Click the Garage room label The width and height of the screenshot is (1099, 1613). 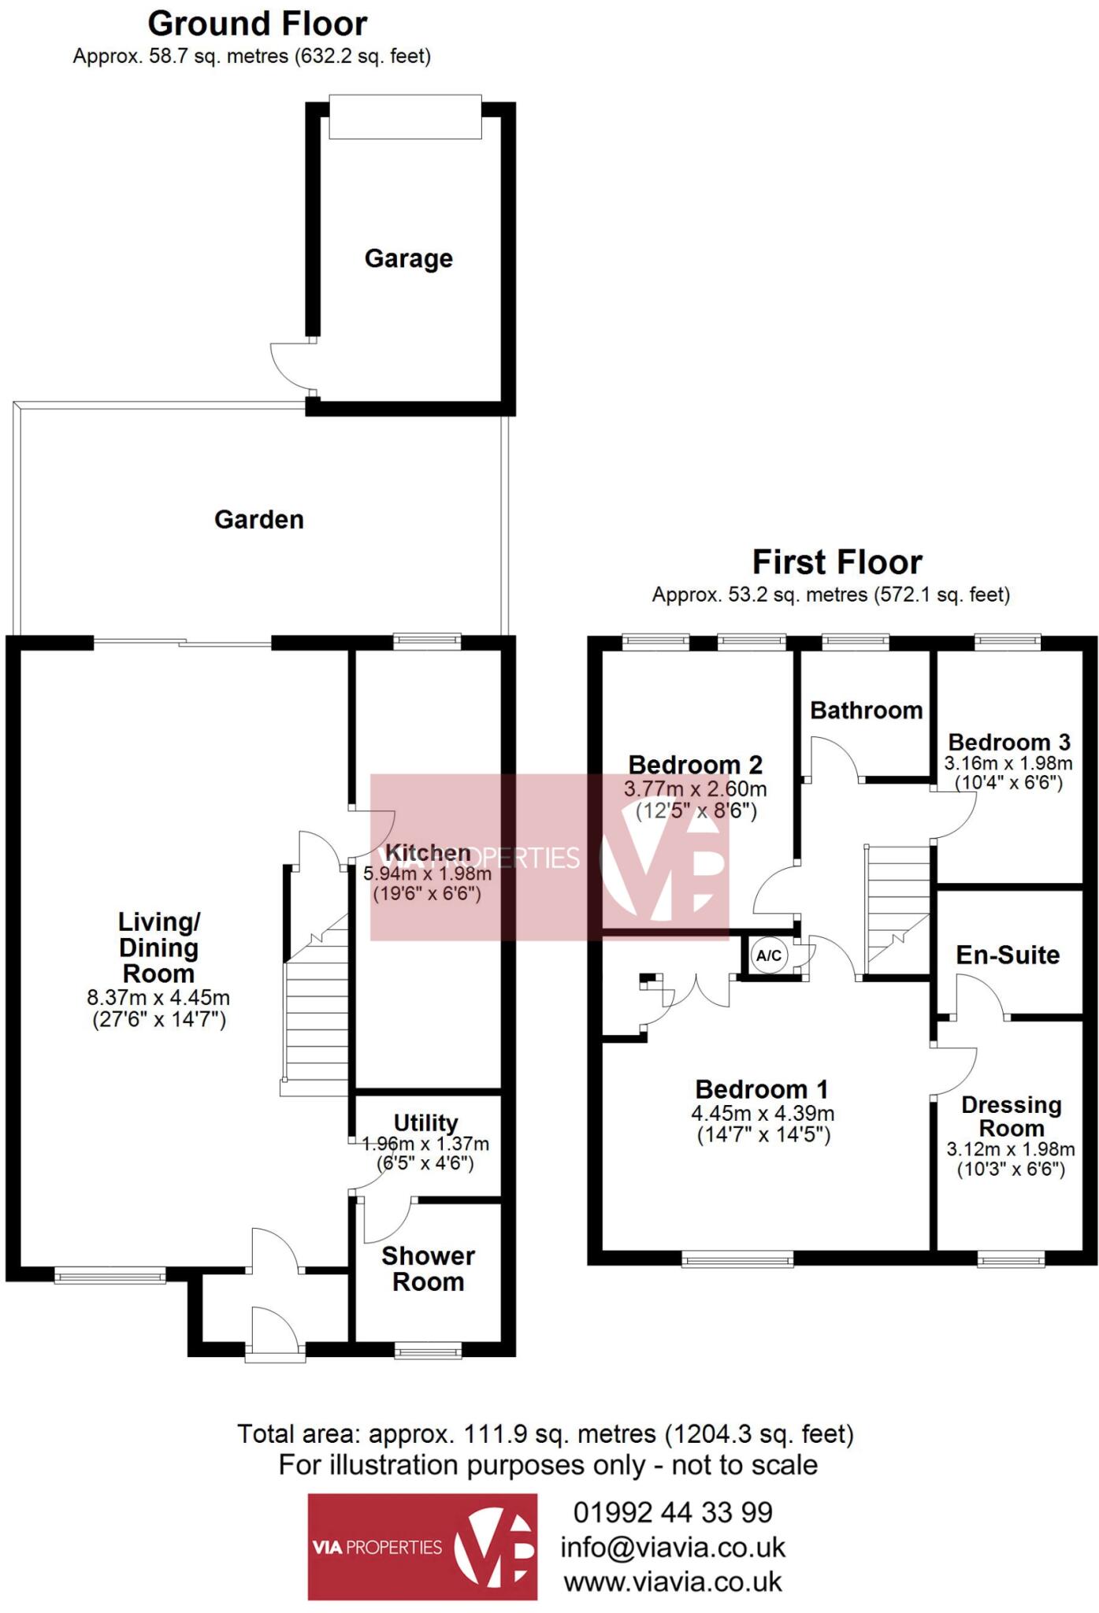pyautogui.click(x=408, y=258)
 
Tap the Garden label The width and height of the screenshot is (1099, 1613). pyautogui.click(x=259, y=520)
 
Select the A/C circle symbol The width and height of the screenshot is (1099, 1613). pyautogui.click(x=769, y=956)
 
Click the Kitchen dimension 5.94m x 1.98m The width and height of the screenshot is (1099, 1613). pyautogui.click(x=427, y=873)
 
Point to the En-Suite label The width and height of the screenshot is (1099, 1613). pyautogui.click(x=1008, y=955)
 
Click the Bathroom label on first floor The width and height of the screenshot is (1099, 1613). pyautogui.click(x=866, y=710)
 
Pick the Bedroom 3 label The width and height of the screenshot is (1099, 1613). pyautogui.click(x=1009, y=742)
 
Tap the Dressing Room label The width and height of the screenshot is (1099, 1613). pyautogui.click(x=1012, y=1117)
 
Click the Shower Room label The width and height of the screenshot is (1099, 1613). pyautogui.click(x=428, y=1268)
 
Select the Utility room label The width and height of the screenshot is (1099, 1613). pyautogui.click(x=425, y=1122)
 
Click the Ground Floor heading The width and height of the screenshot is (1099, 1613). pyautogui.click(x=257, y=24)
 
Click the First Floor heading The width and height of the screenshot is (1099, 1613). pyautogui.click(x=837, y=562)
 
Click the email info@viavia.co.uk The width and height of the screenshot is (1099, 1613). pyautogui.click(x=673, y=1548)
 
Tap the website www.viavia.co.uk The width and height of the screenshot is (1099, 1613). pyautogui.click(x=673, y=1581)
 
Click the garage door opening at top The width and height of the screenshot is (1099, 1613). pyautogui.click(x=405, y=117)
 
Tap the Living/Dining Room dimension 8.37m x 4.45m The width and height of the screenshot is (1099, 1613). pyautogui.click(x=158, y=998)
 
